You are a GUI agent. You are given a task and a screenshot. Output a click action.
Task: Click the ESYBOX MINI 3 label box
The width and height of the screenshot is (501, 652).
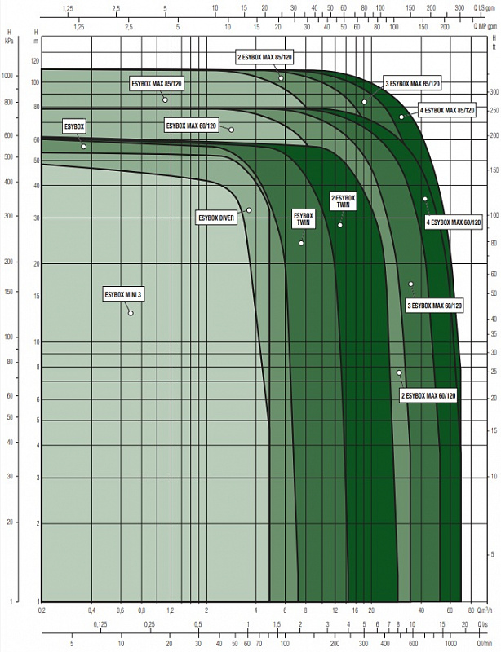point(124,294)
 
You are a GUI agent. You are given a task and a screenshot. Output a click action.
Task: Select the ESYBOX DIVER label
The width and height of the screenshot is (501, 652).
point(216,218)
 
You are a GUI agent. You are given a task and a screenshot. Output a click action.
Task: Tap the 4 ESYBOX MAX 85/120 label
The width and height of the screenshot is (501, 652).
point(446,111)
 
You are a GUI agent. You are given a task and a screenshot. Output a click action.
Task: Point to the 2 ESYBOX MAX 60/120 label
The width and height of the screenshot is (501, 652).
point(428,395)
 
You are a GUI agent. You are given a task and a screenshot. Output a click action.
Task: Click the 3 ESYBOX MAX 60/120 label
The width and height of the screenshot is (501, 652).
point(434,306)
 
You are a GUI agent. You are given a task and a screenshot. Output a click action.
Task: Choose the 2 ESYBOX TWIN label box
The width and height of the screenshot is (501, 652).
point(344,200)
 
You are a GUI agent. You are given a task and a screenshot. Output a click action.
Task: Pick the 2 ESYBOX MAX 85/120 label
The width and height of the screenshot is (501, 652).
point(264,58)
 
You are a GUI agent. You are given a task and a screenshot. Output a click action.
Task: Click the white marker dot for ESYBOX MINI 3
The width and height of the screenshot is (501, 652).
point(131,313)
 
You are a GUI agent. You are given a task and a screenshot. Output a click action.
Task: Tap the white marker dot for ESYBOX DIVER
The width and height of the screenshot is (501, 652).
point(249,210)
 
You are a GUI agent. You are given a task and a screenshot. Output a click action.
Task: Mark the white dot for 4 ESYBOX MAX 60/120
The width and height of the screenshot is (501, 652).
point(425,199)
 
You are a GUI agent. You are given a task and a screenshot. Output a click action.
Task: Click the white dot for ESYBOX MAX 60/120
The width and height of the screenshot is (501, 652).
point(232,130)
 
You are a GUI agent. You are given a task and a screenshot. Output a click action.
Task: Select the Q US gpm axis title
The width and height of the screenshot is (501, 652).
point(484,7)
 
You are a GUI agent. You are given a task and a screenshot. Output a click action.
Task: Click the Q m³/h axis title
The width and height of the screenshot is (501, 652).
point(487,610)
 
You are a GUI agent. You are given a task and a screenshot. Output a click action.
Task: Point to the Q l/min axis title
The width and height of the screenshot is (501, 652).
point(485,643)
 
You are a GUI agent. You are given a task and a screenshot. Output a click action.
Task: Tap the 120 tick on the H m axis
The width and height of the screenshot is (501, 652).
point(34,61)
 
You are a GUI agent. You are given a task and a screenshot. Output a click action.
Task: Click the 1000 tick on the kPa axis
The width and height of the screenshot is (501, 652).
point(9,76)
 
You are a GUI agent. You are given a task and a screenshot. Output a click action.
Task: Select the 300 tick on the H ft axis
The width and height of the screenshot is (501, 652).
point(494,92)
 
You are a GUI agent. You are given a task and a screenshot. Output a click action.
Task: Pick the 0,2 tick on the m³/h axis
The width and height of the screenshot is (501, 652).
point(42,610)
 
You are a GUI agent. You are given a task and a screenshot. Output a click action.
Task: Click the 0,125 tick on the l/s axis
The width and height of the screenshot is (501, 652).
point(100,624)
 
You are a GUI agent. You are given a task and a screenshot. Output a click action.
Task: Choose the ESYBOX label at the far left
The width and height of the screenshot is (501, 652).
point(74,126)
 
